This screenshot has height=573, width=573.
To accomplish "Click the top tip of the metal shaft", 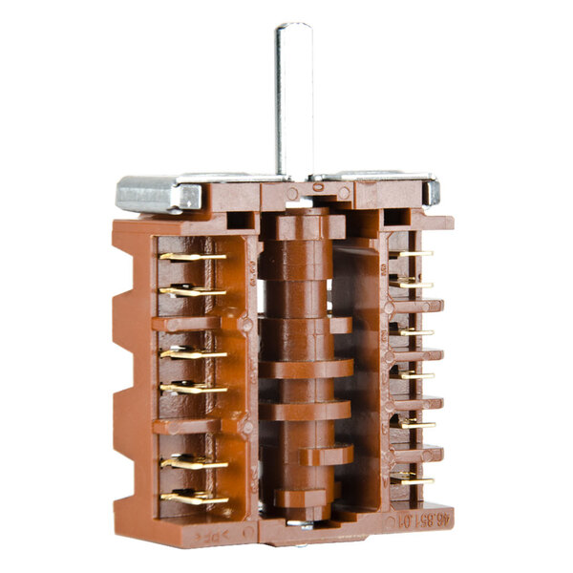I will pos(293,27).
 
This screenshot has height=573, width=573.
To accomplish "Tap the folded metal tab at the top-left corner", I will pos(158,193).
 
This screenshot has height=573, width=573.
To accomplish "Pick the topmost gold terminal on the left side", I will pos(191,256).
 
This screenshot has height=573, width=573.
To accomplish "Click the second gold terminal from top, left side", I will pos(191,290).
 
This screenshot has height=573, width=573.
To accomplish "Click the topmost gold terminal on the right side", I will pos(413,253).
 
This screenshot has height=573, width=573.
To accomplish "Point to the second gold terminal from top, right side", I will pos(413,283).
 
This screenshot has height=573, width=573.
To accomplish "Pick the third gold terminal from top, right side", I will pos(414,331).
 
